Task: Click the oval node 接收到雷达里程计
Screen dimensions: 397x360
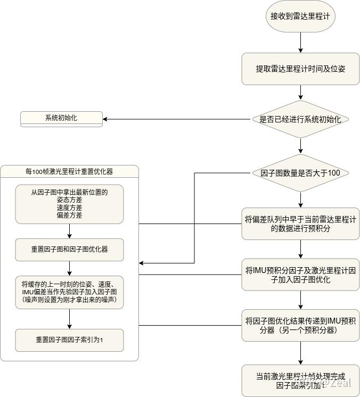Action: (300, 16)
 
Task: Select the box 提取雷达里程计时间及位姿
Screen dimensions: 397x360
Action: (300, 69)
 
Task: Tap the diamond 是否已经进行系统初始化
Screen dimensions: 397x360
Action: (300, 119)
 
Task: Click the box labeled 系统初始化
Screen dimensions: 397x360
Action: (61, 118)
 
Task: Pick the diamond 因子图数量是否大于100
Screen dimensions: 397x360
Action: (300, 173)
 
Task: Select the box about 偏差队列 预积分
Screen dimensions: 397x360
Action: (300, 224)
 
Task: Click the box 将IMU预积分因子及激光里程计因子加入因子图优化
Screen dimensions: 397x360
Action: (300, 275)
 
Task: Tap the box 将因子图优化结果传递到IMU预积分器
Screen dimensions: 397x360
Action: (300, 325)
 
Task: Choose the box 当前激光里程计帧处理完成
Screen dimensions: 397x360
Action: (300, 380)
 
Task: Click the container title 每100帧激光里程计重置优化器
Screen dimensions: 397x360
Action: (69, 171)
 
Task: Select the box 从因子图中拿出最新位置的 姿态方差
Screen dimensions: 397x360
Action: (69, 204)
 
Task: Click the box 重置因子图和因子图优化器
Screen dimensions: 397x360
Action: (69, 249)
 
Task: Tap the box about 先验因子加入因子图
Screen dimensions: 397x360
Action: (69, 292)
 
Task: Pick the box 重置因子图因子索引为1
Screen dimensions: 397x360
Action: (69, 340)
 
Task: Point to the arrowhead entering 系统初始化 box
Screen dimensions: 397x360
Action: (105, 119)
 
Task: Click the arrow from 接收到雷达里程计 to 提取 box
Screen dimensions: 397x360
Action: (300, 43)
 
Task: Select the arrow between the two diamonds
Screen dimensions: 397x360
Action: (300, 145)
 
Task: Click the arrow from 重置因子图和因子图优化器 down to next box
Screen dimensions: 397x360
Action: (70, 268)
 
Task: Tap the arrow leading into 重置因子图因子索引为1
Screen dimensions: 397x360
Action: (70, 318)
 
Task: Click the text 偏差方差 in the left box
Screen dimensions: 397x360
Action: (69, 216)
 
